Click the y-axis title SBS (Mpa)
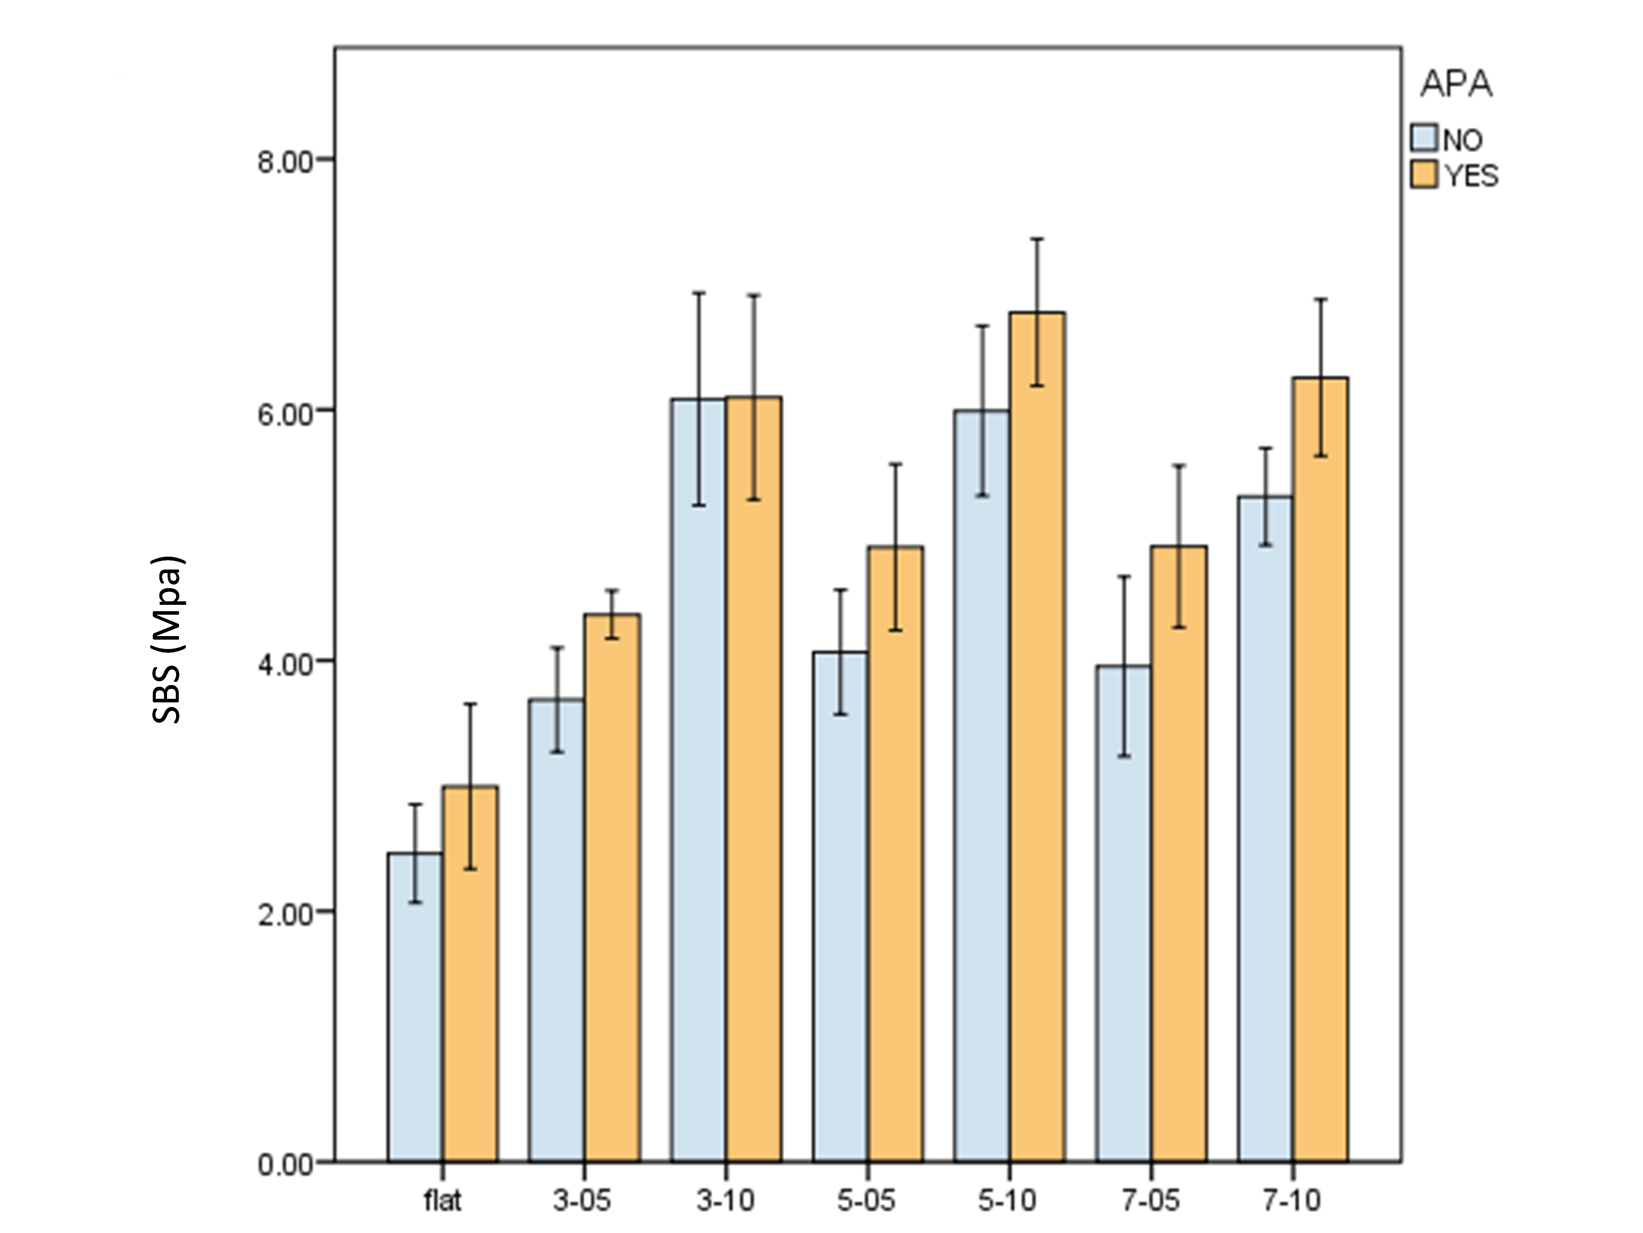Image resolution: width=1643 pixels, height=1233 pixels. pyautogui.click(x=167, y=639)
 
